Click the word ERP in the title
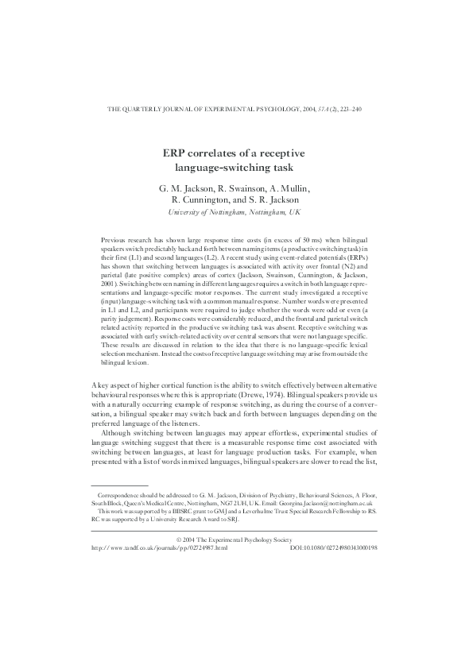176,153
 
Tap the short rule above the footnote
119,485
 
